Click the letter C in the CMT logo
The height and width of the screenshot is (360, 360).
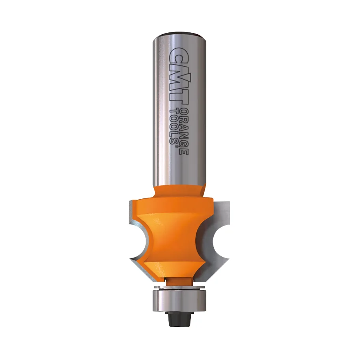179,55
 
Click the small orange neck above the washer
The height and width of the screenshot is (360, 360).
179,281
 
